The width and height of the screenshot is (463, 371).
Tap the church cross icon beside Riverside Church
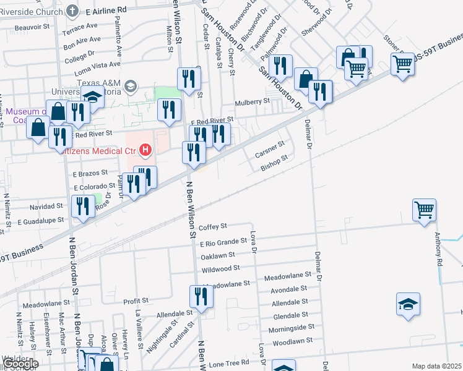pyautogui.click(x=72, y=10)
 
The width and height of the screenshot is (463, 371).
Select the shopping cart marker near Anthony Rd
pyautogui.click(x=425, y=210)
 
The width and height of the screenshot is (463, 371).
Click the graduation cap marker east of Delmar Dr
pyautogui.click(x=408, y=304)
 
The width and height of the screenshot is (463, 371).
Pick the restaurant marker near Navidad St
pyautogui.click(x=82, y=206)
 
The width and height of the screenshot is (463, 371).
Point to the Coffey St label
pyautogui.click(x=214, y=226)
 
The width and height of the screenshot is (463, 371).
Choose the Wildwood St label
pyautogui.click(x=220, y=268)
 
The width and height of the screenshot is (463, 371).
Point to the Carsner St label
pyautogui.click(x=270, y=149)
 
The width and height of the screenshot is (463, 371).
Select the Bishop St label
pyautogui.click(x=274, y=162)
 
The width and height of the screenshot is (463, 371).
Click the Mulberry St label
pyautogui.click(x=252, y=101)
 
